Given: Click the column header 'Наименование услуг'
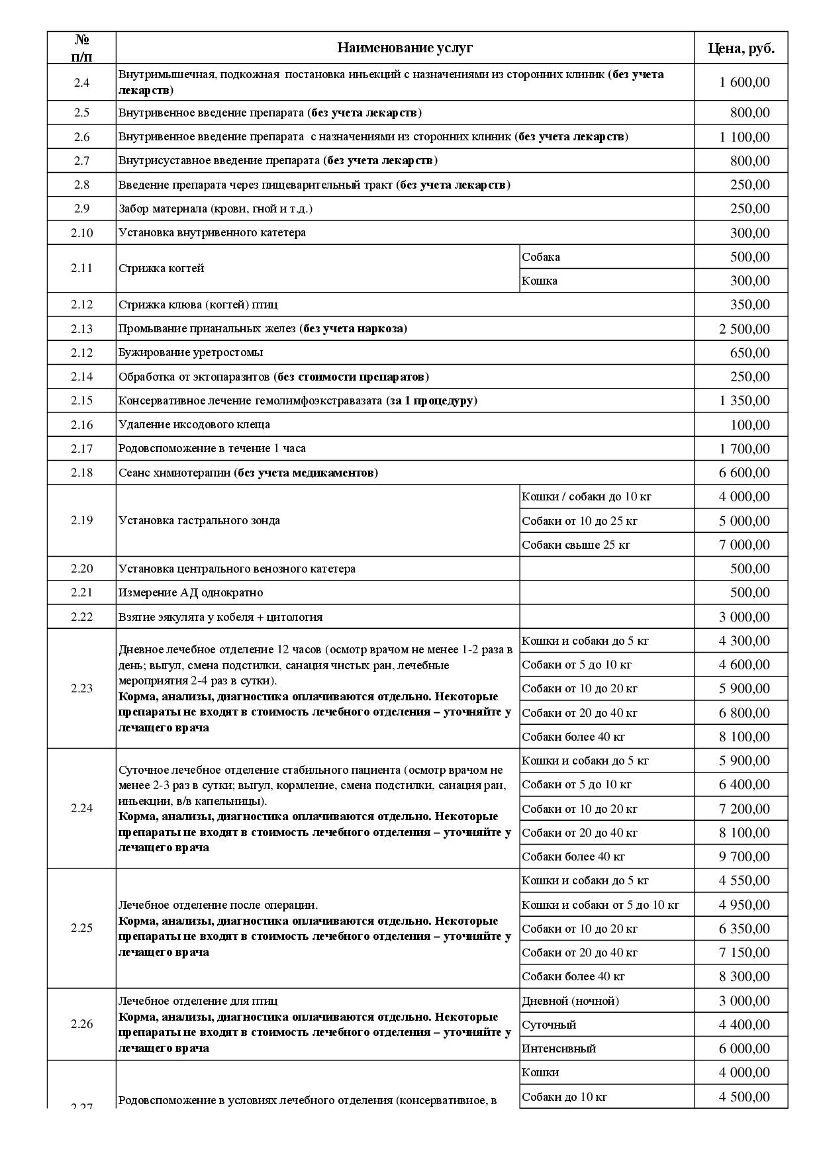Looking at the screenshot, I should click(x=405, y=48).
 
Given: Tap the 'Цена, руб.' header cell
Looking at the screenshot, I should click(x=741, y=48).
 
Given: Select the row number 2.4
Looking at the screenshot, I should click(x=81, y=83).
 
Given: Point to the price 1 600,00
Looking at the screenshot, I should click(x=744, y=83).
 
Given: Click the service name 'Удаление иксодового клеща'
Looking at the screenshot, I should click(x=194, y=424).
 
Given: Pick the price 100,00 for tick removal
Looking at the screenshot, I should click(x=749, y=425).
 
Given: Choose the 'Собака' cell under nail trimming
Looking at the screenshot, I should click(x=541, y=257).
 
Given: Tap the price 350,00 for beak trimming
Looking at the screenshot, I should click(x=749, y=304).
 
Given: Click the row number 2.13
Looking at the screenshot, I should click(x=81, y=329).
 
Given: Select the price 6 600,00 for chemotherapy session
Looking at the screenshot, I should click(x=744, y=473).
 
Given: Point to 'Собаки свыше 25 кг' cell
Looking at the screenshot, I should click(x=576, y=545).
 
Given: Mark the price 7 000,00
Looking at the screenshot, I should click(x=744, y=545).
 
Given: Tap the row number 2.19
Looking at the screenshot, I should click(x=81, y=520).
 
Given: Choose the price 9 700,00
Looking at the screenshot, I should click(x=744, y=857).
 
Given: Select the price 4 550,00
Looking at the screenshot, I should click(x=744, y=880).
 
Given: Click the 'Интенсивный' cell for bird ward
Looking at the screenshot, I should click(x=559, y=1048).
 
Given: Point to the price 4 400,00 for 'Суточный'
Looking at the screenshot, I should click(x=744, y=1025).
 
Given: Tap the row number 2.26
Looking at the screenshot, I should click(x=81, y=1024).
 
